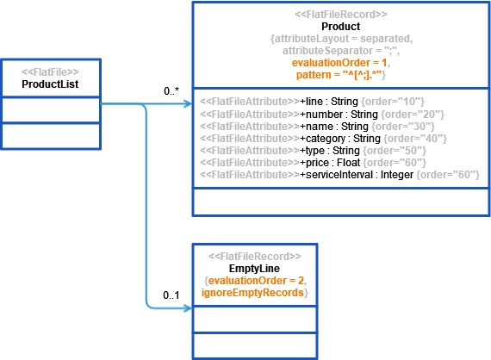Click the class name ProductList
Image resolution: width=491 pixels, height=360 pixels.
pos(50,84)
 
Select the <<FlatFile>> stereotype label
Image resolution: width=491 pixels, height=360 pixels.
pos(50,72)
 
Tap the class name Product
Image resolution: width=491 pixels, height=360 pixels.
pos(341,27)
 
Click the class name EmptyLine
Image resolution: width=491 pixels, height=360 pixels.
pos(254,269)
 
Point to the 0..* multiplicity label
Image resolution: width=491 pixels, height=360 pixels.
pos(171,90)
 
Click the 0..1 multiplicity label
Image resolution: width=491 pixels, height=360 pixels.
pos(171,295)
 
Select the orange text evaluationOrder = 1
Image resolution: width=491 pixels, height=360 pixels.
pos(339,63)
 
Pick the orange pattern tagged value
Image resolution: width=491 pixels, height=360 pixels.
pos(339,75)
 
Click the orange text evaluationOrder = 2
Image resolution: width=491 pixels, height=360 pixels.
pos(256,281)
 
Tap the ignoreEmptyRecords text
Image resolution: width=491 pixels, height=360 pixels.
pos(252,293)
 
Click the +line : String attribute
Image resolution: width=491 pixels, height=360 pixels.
pos(329,102)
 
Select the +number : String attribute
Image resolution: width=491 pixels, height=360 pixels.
pos(339,115)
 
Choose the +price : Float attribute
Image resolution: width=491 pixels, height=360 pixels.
pos(330,163)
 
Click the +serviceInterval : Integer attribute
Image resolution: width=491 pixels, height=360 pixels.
pos(357,175)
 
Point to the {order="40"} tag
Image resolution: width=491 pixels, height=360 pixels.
pos(415,139)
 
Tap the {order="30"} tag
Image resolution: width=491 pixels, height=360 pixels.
pos(403,126)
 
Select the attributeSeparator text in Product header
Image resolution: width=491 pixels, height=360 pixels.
pos(327,51)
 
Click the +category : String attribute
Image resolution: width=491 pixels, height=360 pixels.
pos(340,139)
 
